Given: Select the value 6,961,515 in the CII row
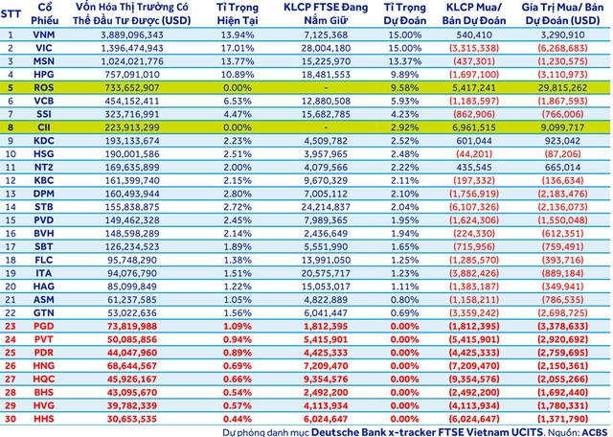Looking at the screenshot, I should (x=477, y=126).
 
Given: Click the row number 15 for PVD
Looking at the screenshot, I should (x=11, y=218).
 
